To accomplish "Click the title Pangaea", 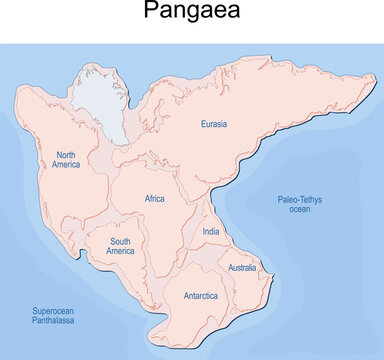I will pyautogui.click(x=192, y=13).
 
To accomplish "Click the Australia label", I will pyautogui.click(x=243, y=268).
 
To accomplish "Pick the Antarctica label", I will pyautogui.click(x=202, y=296).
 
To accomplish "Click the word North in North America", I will pyautogui.click(x=68, y=155).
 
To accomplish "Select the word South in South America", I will pyautogui.click(x=121, y=240).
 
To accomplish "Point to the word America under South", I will pyautogui.click(x=121, y=251).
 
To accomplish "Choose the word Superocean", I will pyautogui.click(x=50, y=312).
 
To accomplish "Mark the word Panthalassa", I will pyautogui.click(x=50, y=323).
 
